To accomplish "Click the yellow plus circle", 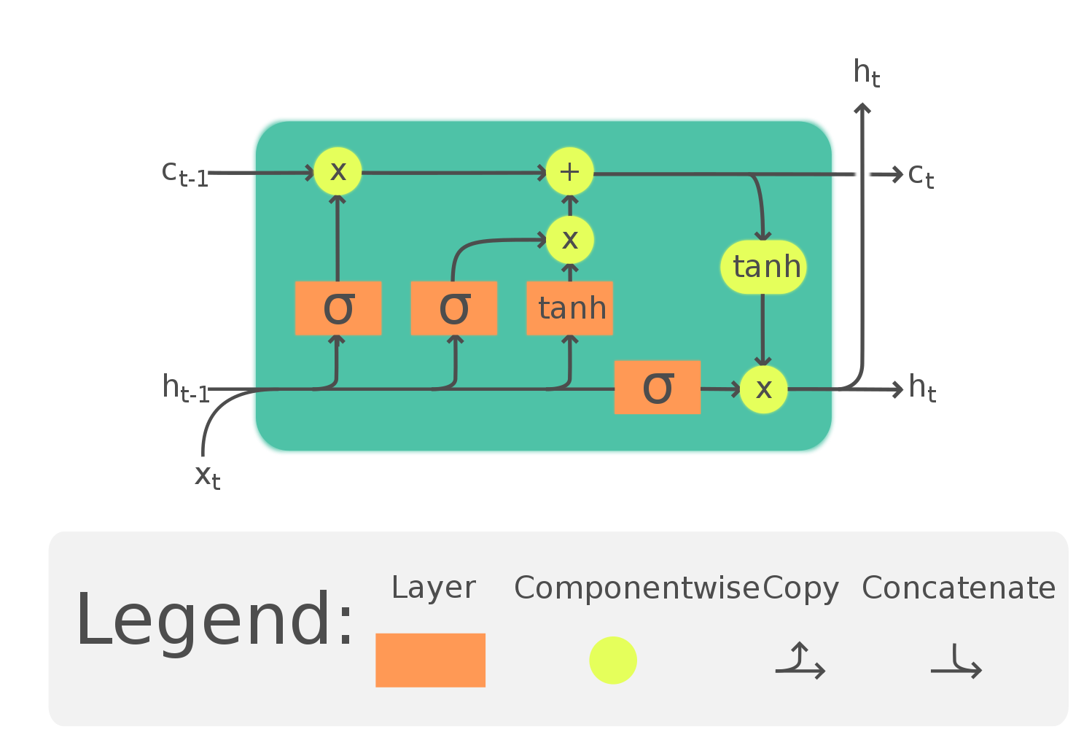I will point(569,171).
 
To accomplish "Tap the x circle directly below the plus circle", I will point(569,240).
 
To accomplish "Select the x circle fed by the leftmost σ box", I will point(338,171).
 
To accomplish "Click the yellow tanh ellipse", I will point(763,267).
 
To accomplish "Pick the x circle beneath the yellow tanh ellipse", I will point(763,389).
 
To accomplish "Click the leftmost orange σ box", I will point(338,308).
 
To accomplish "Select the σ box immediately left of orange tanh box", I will point(453,308).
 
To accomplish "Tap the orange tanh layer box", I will point(569,308).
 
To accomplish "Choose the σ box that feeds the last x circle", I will point(657,387).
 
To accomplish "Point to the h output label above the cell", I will point(865,74).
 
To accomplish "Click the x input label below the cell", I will point(206,476).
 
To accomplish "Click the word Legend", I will point(214,620).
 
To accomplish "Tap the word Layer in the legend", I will point(433,588).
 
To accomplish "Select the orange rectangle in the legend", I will point(430,660).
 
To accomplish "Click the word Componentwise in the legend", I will point(636,588).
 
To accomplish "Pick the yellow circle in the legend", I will point(613,660).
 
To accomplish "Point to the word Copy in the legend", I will point(801,588).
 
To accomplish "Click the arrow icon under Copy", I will point(800,661).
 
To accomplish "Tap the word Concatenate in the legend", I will point(959,588).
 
